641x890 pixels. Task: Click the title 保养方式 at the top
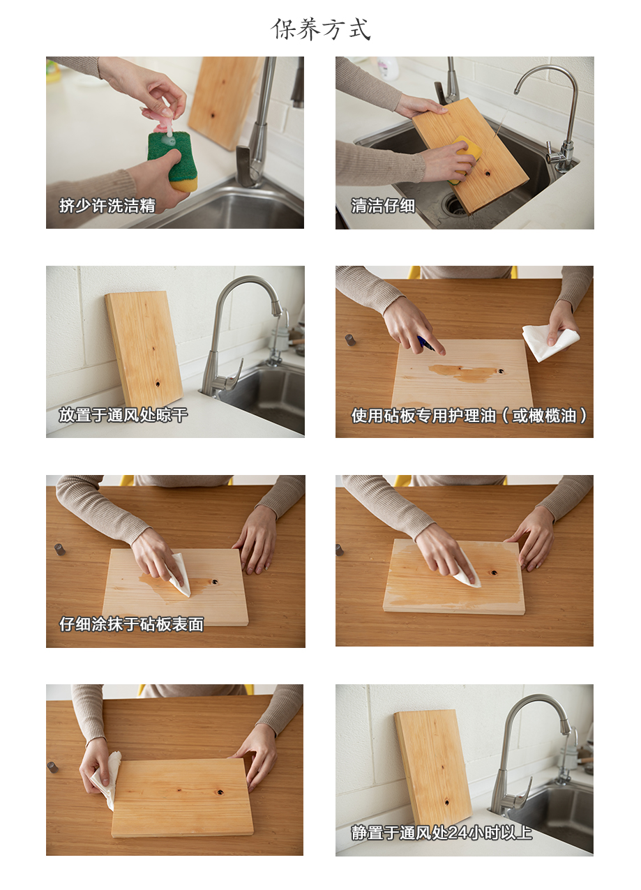point(321,29)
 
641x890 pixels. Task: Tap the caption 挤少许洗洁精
point(107,206)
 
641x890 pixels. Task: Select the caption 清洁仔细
point(383,206)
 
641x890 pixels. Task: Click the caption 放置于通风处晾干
point(123,415)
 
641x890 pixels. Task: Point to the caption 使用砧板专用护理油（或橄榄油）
point(469,416)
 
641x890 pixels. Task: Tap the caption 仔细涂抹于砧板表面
point(132,624)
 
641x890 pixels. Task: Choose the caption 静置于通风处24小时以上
point(441,833)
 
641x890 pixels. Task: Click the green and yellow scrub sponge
point(173,161)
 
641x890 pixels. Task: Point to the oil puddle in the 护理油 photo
point(463,372)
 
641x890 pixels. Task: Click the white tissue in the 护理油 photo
point(550,342)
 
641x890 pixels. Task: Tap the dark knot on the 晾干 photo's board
point(158,384)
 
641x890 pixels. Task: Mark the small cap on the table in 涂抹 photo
point(59,549)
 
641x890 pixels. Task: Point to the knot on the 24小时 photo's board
point(446,803)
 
